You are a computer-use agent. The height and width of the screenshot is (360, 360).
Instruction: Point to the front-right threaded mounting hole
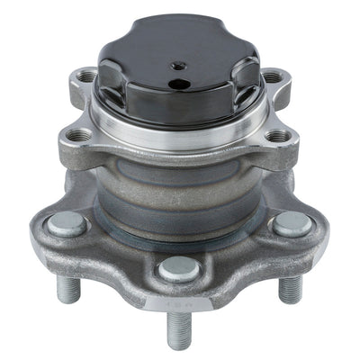coord(280,137)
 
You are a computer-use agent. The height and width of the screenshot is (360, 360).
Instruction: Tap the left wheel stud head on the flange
coord(66,224)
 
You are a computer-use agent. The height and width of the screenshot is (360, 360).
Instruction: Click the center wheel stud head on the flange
coord(179,268)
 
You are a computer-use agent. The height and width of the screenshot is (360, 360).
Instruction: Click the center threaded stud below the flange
coord(179,328)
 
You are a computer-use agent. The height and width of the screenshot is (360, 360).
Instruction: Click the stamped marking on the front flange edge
coord(179,305)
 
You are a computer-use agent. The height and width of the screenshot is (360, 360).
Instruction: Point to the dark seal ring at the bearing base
coord(180,236)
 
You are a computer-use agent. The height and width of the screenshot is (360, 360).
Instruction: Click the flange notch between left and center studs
coord(117,270)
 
